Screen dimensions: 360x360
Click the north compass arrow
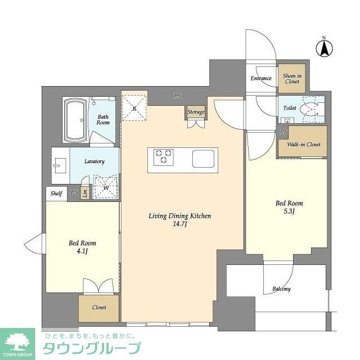[324, 48]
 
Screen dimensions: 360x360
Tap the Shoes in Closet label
[292, 79]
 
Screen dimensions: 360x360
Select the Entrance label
[261, 79]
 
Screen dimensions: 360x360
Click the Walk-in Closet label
[303, 145]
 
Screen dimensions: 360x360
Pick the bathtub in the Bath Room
[75, 121]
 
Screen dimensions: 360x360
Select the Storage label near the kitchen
[196, 112]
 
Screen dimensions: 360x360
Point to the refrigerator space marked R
[134, 106]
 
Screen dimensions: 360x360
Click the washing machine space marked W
[106, 186]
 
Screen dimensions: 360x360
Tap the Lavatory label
[94, 161]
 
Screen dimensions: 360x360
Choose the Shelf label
[56, 193]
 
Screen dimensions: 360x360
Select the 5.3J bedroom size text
[289, 211]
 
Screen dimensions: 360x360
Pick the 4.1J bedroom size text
[82, 251]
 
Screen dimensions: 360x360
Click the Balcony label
[282, 289]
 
